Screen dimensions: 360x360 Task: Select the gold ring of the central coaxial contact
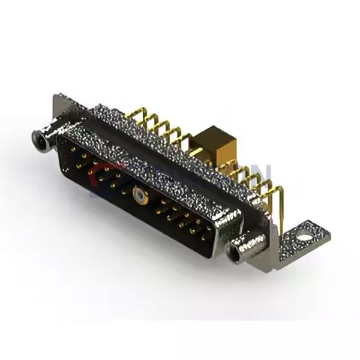[139, 195]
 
